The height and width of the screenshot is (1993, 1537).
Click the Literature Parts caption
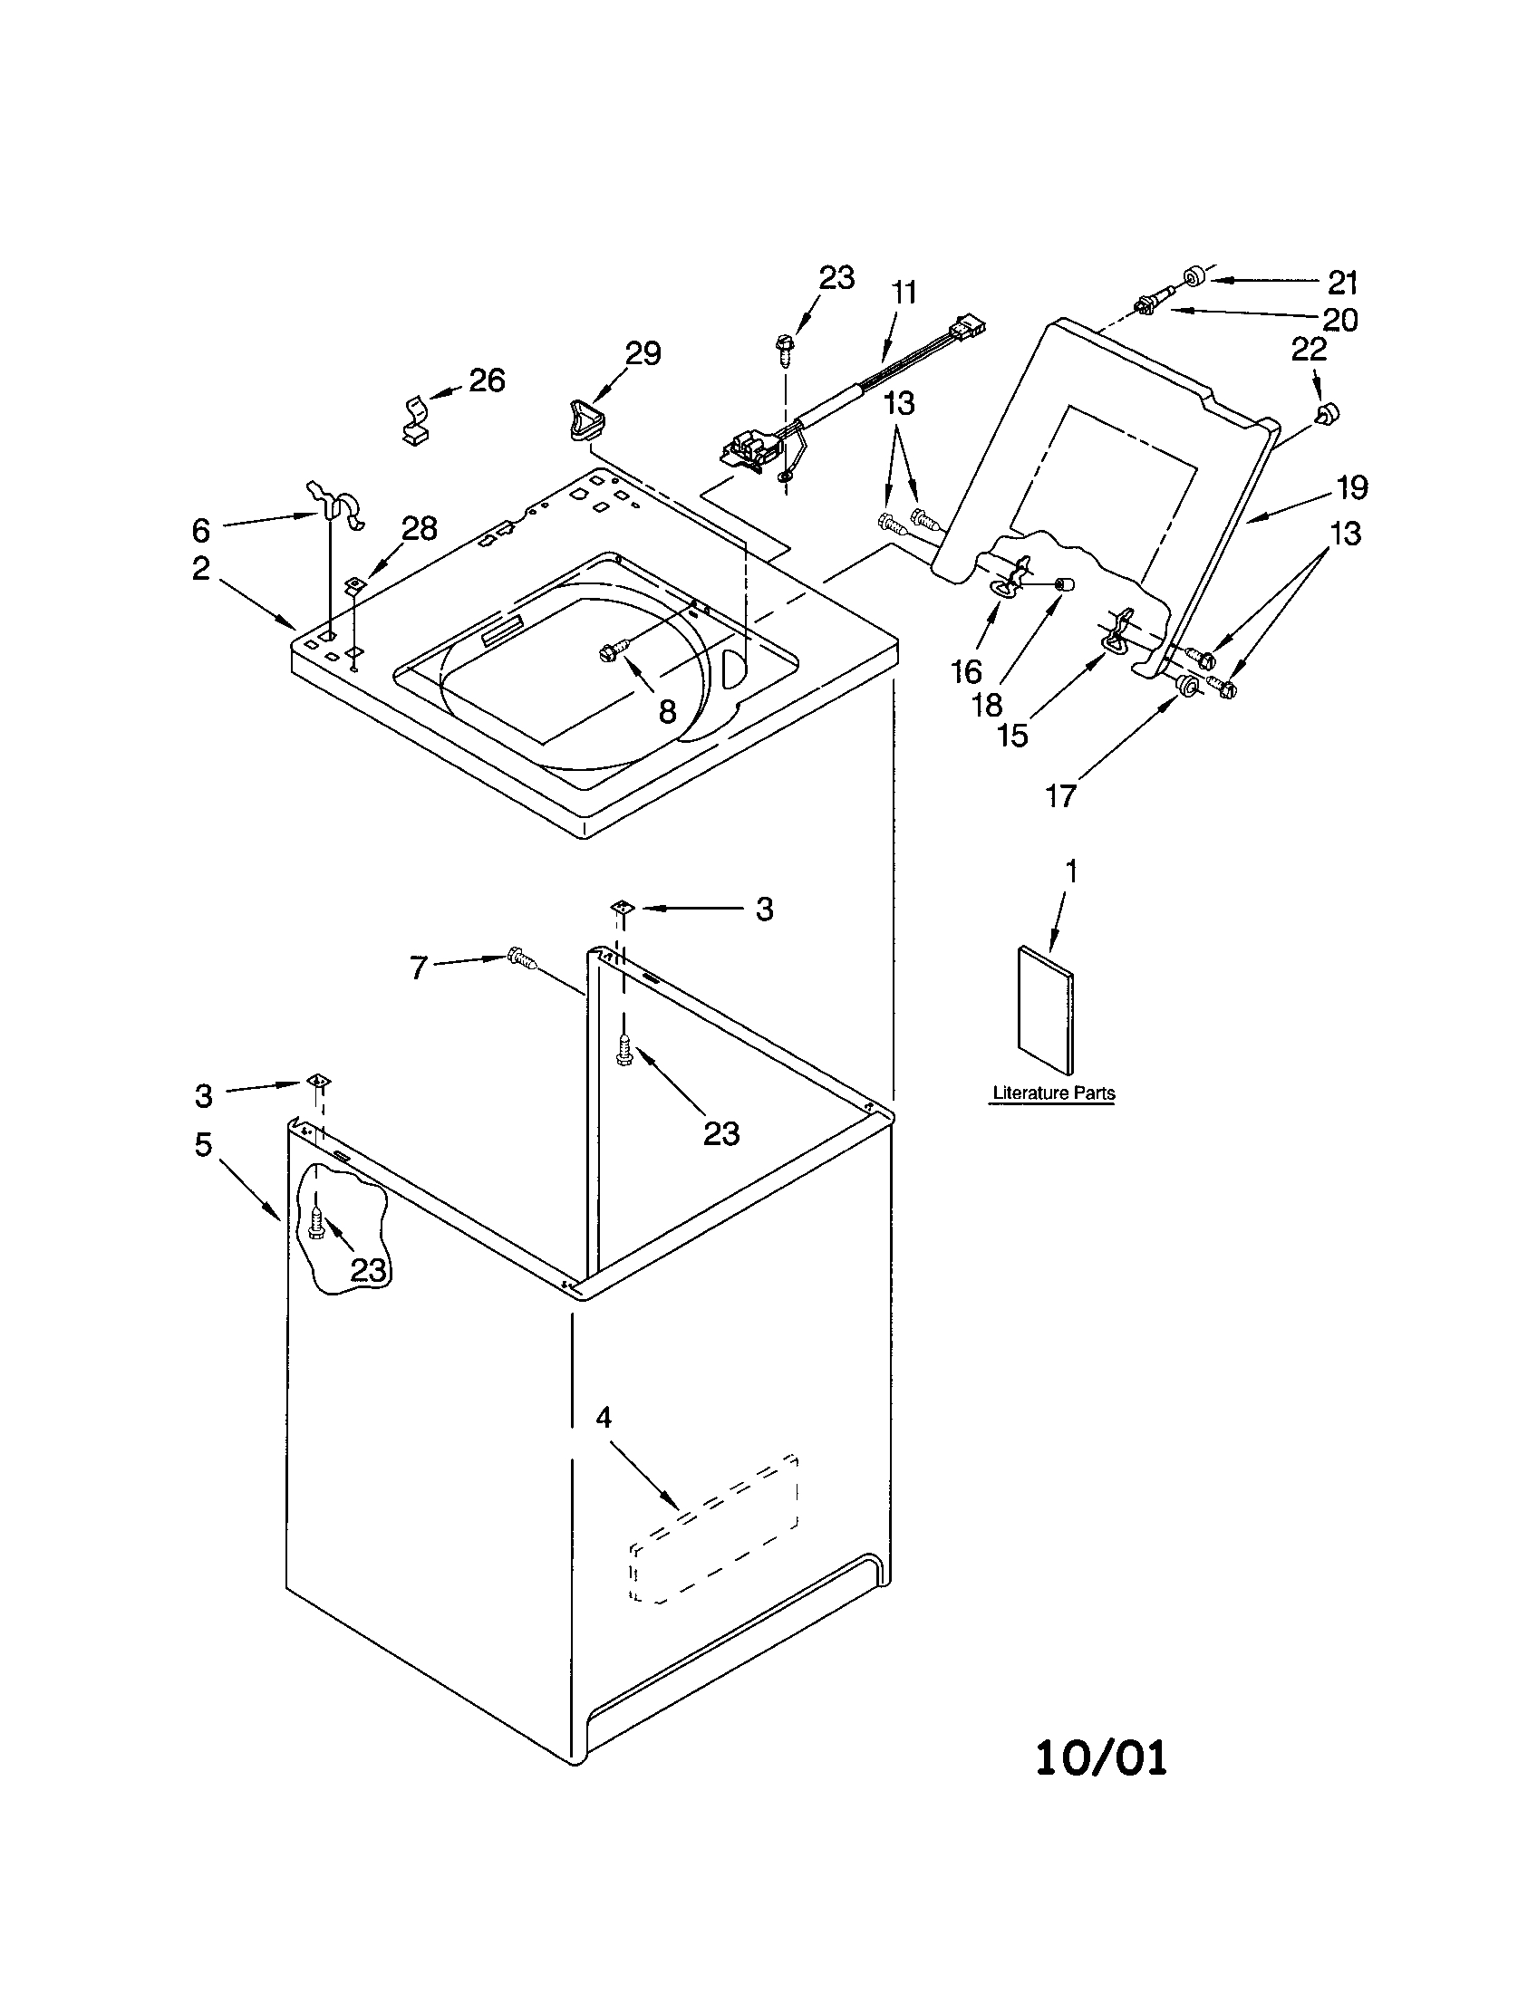pos(1053,1093)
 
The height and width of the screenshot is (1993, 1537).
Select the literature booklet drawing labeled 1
pos(1045,1008)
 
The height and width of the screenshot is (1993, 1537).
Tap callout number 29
pos(643,353)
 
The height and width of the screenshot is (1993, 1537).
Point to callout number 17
pos(1060,795)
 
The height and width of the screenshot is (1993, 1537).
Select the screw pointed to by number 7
pos(521,958)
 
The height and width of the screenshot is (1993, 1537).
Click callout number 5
pos(203,1144)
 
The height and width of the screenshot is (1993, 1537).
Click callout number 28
pos(420,528)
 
